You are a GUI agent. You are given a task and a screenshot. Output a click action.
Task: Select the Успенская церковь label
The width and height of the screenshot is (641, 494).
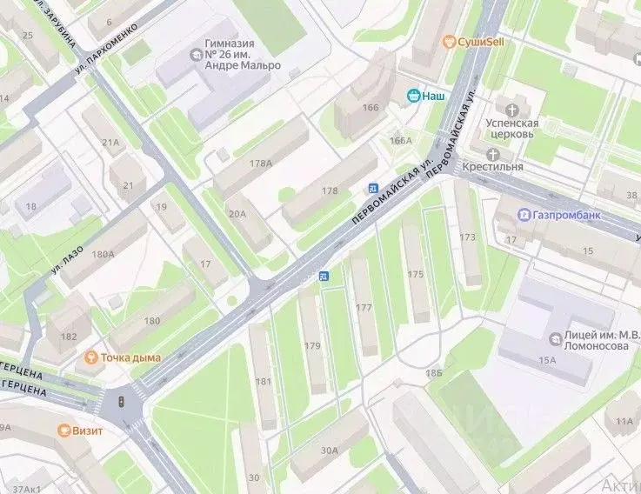[x=512, y=129]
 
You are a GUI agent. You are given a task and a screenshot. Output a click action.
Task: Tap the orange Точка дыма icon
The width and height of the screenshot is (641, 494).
[x=90, y=357]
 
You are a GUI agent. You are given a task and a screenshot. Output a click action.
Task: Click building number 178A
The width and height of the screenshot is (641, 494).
[x=260, y=163]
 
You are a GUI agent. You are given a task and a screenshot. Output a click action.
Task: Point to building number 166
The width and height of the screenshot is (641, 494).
[x=371, y=107]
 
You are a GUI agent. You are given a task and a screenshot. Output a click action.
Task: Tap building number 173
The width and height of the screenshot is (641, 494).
[x=468, y=236]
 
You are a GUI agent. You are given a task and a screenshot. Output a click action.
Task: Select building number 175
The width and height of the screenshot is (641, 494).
[x=415, y=274]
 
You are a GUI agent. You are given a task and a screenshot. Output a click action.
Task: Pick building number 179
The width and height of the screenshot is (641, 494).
[x=312, y=345]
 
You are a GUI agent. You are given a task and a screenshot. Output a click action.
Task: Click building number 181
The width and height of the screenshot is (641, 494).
[x=263, y=381]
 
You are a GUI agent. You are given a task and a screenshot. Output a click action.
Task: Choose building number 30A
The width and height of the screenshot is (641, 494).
[x=329, y=450]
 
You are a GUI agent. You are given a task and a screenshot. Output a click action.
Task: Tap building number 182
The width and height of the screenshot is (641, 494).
[x=68, y=337]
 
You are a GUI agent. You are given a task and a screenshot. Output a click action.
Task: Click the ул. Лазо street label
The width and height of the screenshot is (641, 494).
[x=69, y=260]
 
